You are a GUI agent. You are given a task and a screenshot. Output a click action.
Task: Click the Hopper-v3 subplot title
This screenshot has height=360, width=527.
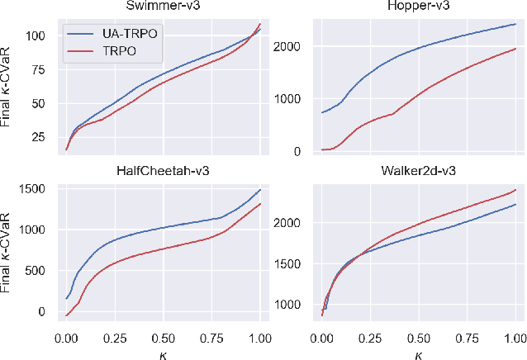click(418, 7)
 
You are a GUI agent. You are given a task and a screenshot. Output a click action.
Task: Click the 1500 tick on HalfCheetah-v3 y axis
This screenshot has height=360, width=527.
click(34, 190)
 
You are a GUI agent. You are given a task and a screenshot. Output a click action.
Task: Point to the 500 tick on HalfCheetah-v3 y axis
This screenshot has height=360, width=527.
click(37, 271)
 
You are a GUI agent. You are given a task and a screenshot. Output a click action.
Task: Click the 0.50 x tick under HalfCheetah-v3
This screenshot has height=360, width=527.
click(163, 339)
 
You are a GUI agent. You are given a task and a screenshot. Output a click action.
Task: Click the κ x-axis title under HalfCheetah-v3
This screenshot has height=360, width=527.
click(163, 353)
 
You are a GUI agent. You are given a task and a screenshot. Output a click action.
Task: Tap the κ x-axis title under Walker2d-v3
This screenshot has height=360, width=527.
click(418, 353)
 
